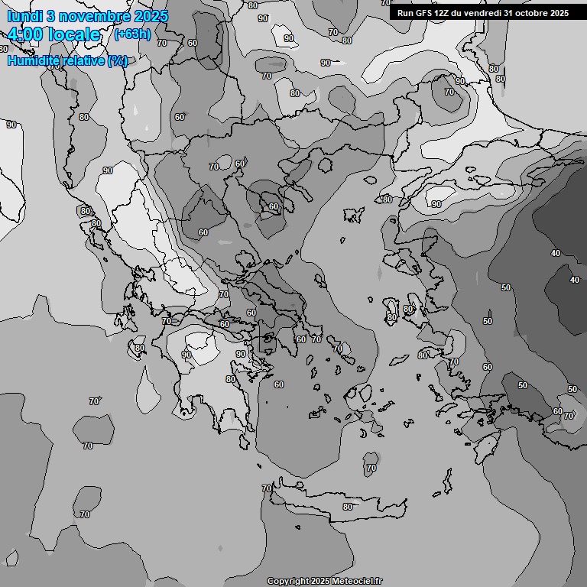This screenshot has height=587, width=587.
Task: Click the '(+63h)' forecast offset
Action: pos(131,34)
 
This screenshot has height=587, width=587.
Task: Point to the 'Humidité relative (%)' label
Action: pos(67,60)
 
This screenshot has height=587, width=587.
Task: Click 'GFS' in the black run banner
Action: pos(425,13)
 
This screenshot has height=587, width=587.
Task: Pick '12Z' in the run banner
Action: pos(444,13)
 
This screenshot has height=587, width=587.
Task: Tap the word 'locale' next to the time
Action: pos(74,35)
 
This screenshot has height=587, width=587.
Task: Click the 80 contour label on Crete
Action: pos(348,507)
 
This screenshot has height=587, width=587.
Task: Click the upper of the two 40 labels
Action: pos(555,253)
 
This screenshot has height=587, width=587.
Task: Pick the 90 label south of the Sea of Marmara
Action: pos(436,204)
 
